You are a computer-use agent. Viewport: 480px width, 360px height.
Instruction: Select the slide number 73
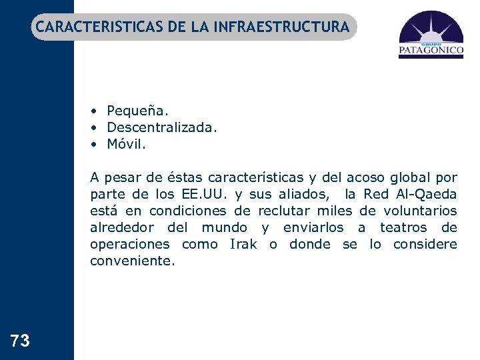tap(21, 341)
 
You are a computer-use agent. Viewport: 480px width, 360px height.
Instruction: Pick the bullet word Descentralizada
tap(162, 127)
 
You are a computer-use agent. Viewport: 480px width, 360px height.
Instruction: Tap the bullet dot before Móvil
tap(96, 143)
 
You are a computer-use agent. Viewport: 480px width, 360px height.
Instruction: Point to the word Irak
tap(243, 244)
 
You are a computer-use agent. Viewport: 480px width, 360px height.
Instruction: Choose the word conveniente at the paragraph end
tap(133, 261)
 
